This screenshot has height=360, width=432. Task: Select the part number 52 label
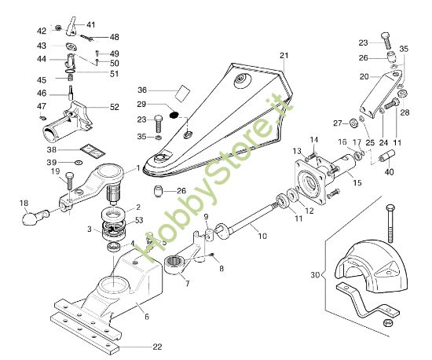(x=115, y=107)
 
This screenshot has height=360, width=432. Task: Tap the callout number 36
(x=142, y=90)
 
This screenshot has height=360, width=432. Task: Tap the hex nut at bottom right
(x=386, y=322)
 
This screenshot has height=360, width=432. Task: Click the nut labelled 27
(x=350, y=123)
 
